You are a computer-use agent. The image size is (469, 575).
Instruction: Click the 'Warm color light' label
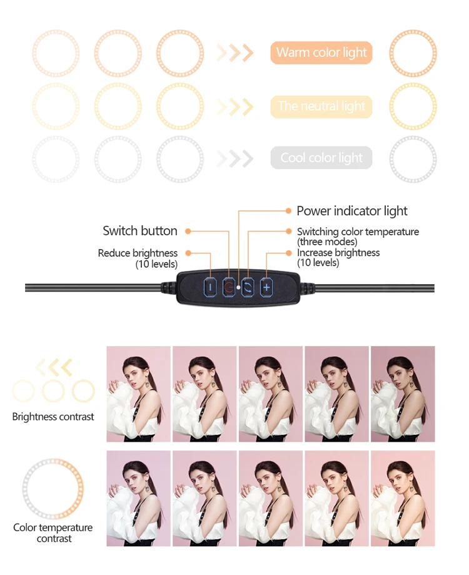point(321,53)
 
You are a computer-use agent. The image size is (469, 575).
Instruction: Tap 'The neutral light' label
point(321,106)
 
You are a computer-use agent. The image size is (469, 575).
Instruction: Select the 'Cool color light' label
point(321,158)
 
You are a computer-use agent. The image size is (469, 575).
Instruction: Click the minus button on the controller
point(210,287)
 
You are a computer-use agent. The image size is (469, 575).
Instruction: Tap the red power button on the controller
point(229,287)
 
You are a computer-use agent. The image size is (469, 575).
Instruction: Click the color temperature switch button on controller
point(248,287)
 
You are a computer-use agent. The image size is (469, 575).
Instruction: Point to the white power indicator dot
point(239,285)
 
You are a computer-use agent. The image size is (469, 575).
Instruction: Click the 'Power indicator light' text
point(351,211)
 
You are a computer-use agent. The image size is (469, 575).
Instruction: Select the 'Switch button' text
point(140,231)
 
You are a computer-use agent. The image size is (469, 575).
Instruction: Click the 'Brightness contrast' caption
point(53,417)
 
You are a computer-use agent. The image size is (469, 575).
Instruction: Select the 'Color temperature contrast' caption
point(53,533)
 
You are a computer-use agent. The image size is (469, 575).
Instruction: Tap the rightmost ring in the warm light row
point(413,53)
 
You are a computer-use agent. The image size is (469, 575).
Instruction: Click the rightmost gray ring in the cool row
point(413,159)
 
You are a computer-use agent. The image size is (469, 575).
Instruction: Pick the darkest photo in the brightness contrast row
point(403,394)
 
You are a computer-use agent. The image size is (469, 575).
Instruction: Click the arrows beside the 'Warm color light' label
point(235,53)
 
